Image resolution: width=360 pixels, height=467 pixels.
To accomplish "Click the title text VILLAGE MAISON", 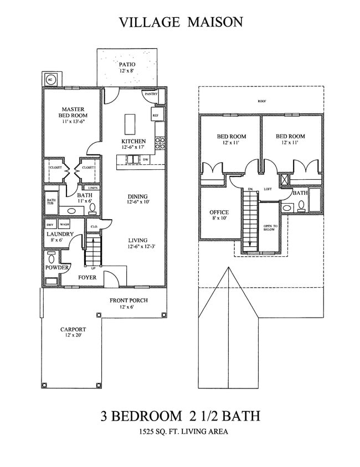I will tap(181, 22).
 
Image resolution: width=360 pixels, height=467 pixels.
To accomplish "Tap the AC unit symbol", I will tap(50, 79).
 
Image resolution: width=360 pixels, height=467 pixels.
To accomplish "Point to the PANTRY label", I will tap(151, 94).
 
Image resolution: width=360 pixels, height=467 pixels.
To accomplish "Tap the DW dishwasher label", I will tap(146, 159).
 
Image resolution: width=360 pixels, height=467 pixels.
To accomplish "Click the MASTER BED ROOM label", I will tap(73, 113).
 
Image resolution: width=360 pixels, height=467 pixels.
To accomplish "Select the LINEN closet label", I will tap(92, 188).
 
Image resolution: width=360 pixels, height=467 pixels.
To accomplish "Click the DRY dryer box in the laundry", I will tap(50, 225).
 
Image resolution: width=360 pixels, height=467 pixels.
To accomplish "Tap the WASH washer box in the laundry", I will tap(64, 225).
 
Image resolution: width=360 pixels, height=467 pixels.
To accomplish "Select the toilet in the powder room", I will tap(52, 258).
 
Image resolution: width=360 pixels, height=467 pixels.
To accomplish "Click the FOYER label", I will tap(88, 277).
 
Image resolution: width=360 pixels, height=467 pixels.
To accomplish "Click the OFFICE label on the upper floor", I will tap(219, 212).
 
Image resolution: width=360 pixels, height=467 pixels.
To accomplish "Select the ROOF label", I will tap(260, 101).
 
